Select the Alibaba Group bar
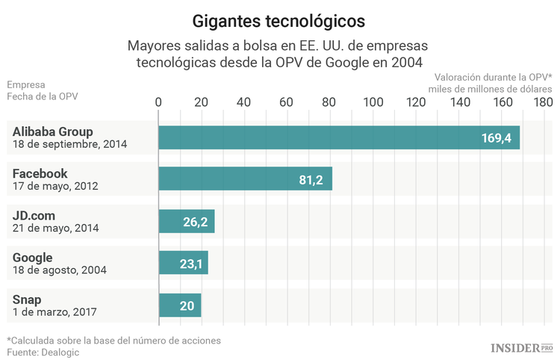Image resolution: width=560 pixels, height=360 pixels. pyautogui.click(x=339, y=137)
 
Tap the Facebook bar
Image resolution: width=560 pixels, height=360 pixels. pyautogui.click(x=245, y=179)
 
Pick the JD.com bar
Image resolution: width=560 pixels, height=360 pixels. pyautogui.click(x=187, y=221)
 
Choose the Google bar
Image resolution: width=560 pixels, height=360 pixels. pyautogui.click(x=183, y=263)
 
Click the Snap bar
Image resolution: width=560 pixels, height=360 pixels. pyautogui.click(x=180, y=305)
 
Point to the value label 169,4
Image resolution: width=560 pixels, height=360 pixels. pyautogui.click(x=496, y=138)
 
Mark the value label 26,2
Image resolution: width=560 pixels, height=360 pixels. pyautogui.click(x=195, y=222)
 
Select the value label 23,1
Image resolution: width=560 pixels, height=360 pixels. pyautogui.click(x=190, y=264)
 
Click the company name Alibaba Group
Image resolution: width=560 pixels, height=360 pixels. pyautogui.click(x=52, y=131)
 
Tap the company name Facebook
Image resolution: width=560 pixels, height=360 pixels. pyautogui.click(x=40, y=173)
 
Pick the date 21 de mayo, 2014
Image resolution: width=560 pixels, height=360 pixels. pyautogui.click(x=55, y=228)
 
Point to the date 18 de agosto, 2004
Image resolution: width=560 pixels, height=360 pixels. pyautogui.click(x=59, y=270)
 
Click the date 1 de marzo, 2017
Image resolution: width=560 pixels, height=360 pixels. pyautogui.click(x=55, y=311)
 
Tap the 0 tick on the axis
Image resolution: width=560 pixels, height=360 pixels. pyautogui.click(x=158, y=102)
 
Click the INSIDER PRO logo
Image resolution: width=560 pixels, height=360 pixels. pyautogui.click(x=521, y=347)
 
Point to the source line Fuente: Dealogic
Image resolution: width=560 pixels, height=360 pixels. pyautogui.click(x=43, y=352)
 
